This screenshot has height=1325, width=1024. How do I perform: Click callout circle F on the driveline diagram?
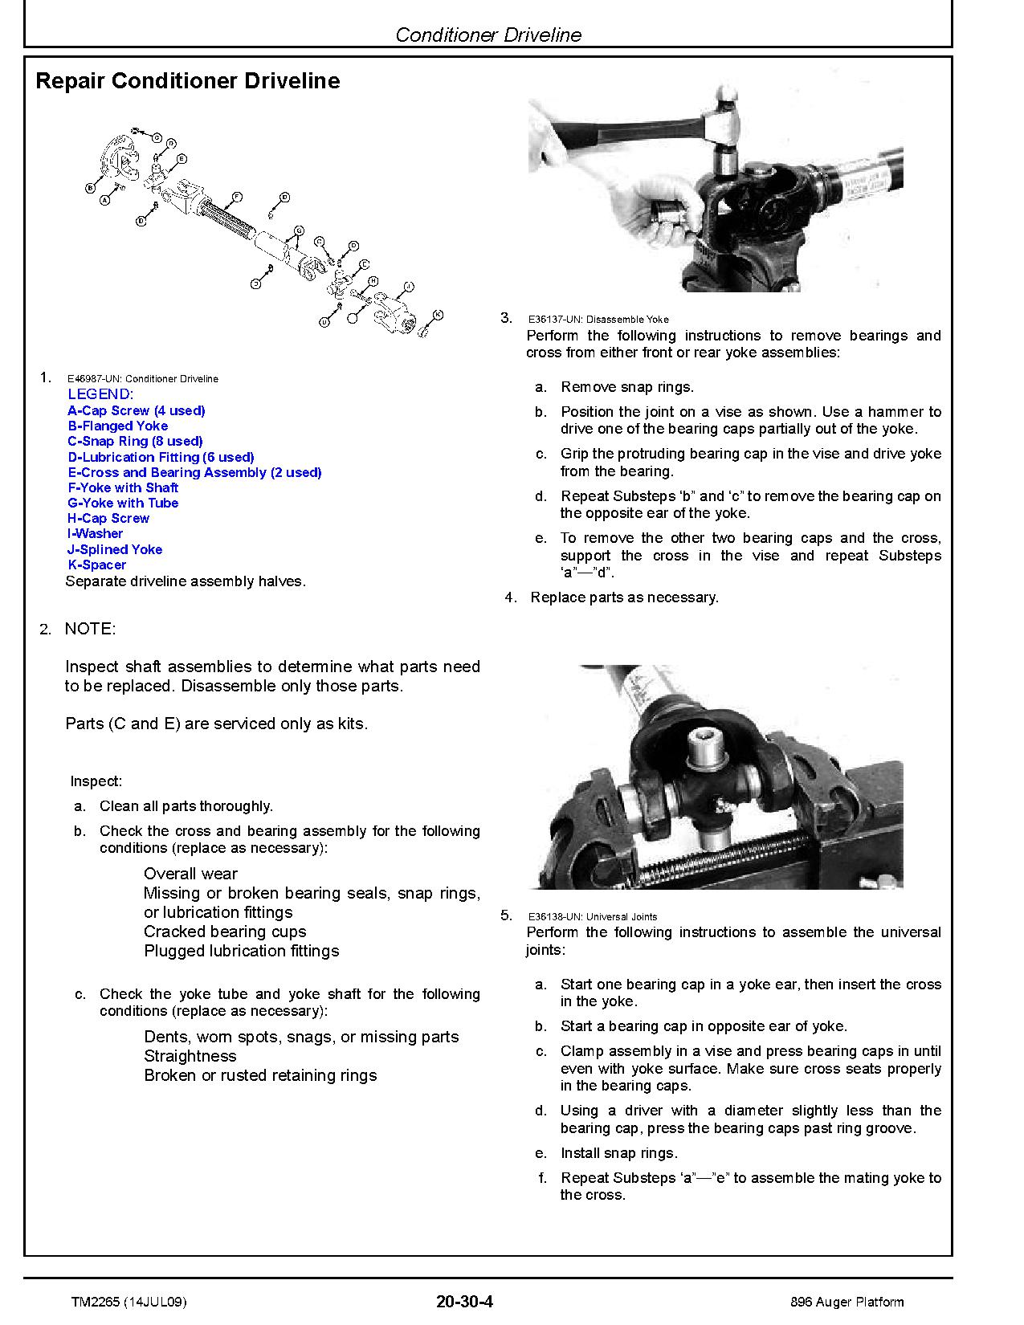[237, 197]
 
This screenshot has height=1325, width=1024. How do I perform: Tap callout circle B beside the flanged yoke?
[89, 188]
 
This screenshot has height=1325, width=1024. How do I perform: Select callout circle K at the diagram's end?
[438, 314]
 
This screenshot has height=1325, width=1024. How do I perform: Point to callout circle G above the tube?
[299, 230]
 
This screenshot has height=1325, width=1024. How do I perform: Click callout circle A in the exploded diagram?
[104, 201]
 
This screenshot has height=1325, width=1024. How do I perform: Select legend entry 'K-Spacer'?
[96, 565]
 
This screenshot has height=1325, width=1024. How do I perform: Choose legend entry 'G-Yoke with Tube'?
[123, 503]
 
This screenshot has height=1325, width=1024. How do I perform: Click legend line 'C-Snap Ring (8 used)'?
[135, 441]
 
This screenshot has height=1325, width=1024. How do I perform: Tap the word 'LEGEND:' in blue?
[100, 394]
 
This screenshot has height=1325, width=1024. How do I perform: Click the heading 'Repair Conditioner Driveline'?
[188, 81]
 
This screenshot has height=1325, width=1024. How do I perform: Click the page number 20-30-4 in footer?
[464, 1302]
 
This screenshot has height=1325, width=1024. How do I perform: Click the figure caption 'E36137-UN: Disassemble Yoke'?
[598, 320]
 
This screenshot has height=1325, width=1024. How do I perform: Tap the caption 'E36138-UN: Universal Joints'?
[592, 916]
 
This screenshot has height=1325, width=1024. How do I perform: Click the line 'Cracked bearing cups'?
[225, 932]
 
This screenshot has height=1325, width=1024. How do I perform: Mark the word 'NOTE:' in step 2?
[90, 629]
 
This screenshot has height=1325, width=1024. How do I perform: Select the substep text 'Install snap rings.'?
[618, 1153]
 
